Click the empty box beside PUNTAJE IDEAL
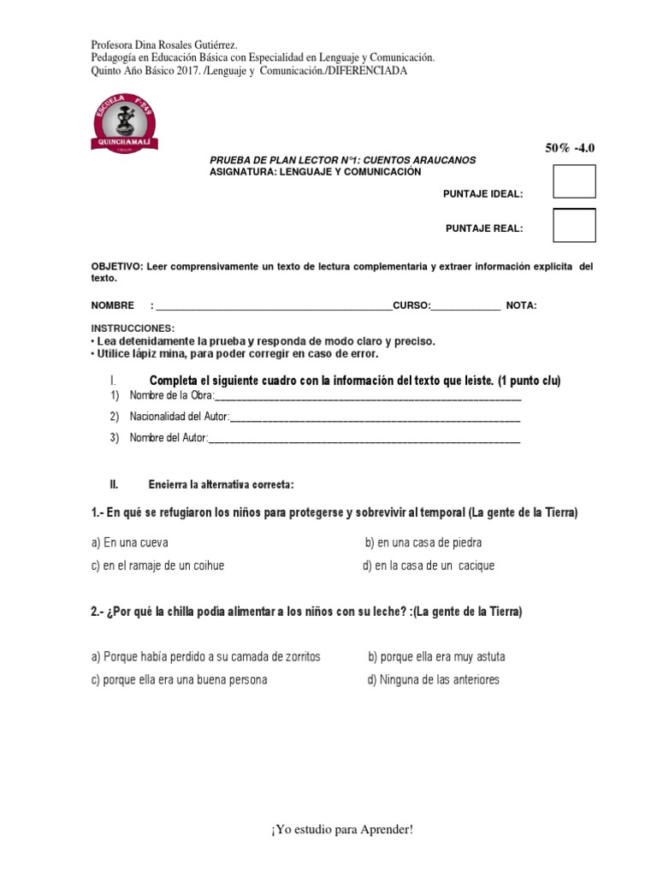point(574,181)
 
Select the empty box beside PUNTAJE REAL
point(574,225)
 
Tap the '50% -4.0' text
point(569,148)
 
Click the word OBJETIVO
point(115,267)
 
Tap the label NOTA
point(521,305)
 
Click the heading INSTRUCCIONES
point(133,328)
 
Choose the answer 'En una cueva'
point(130,542)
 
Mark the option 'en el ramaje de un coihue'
point(158,565)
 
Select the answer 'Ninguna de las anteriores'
point(433,680)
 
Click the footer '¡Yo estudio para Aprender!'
point(328,830)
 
